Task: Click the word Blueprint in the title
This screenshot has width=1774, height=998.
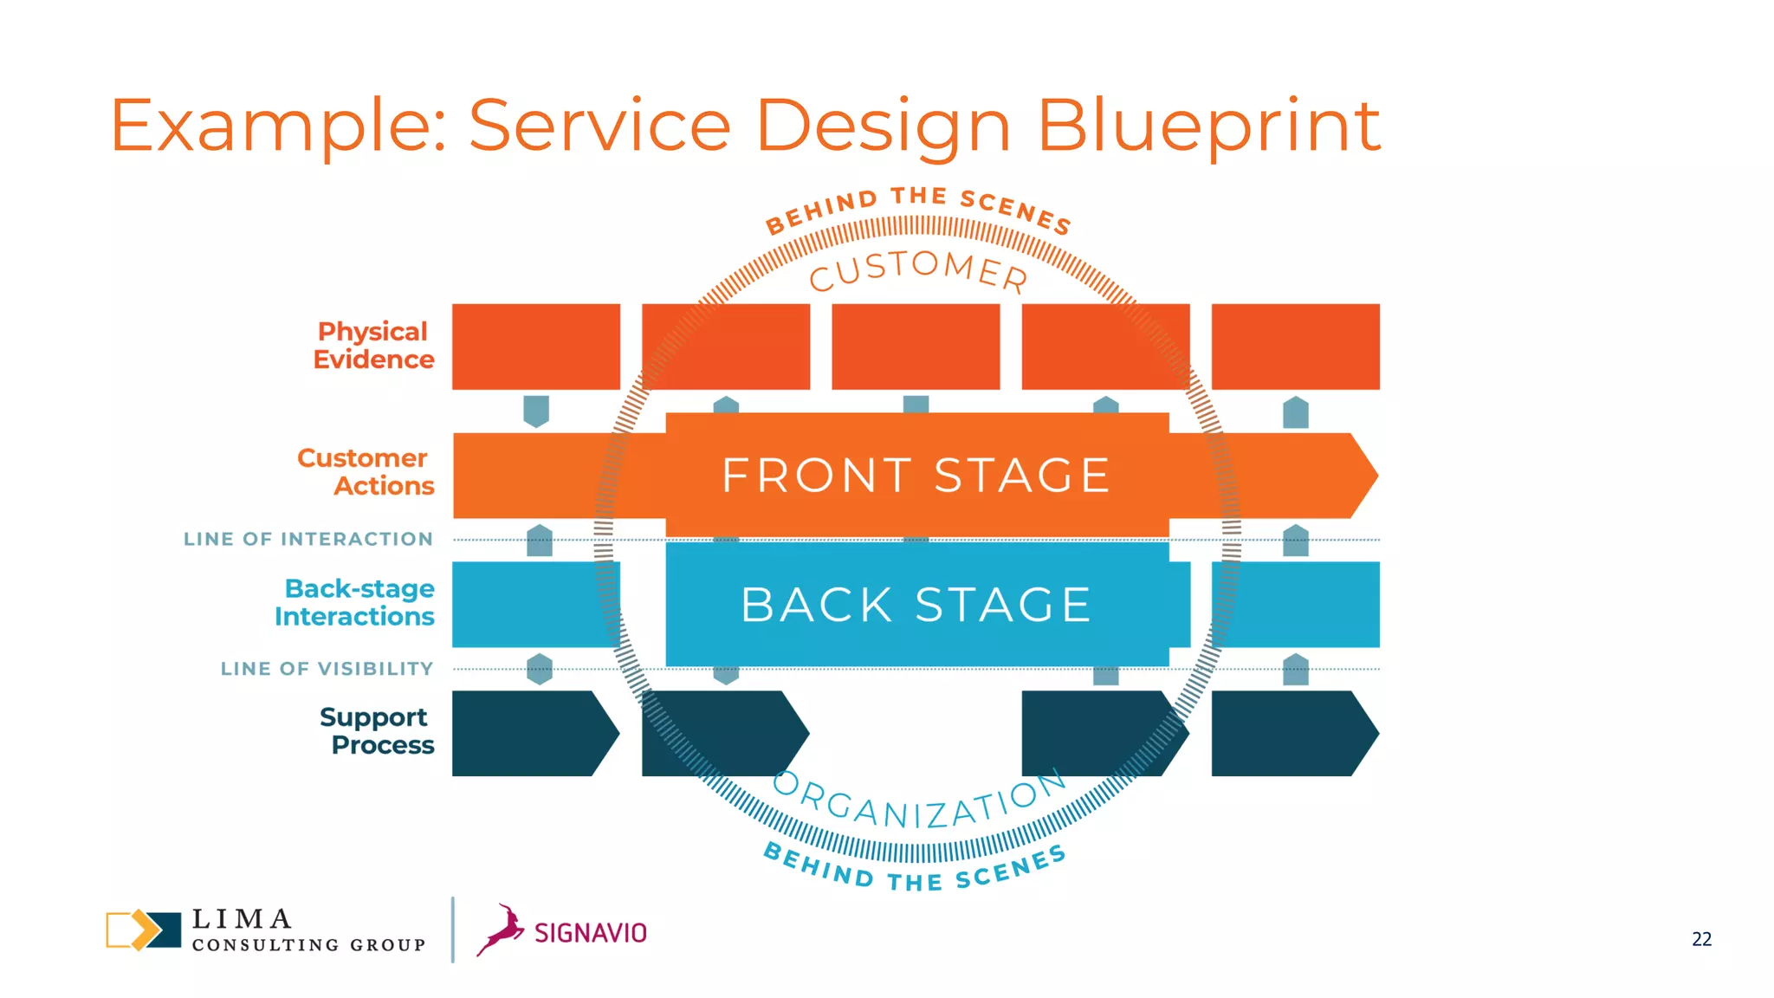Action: tap(1207, 126)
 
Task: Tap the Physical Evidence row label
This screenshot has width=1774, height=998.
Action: tap(373, 346)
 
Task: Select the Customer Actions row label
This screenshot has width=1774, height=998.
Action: tap(366, 472)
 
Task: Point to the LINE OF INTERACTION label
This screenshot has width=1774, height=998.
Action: tap(308, 539)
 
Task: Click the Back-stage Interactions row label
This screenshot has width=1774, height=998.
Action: tap(355, 603)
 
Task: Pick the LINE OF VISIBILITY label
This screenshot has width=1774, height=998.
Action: tap(327, 669)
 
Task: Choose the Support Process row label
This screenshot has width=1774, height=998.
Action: tap(377, 731)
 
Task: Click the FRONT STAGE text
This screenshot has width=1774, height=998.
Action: tap(916, 476)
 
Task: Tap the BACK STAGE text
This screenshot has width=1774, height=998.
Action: tap(916, 605)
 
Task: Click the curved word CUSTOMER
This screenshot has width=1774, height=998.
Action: tap(918, 270)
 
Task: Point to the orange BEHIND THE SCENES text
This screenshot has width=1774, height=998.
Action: tap(918, 206)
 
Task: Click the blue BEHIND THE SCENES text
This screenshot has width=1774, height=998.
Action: tap(915, 871)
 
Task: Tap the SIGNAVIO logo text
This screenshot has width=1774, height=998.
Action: tap(591, 933)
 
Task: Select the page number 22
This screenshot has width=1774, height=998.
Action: tap(1701, 939)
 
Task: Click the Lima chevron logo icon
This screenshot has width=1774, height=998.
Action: tap(143, 930)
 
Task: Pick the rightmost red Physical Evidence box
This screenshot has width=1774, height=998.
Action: tap(1295, 347)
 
